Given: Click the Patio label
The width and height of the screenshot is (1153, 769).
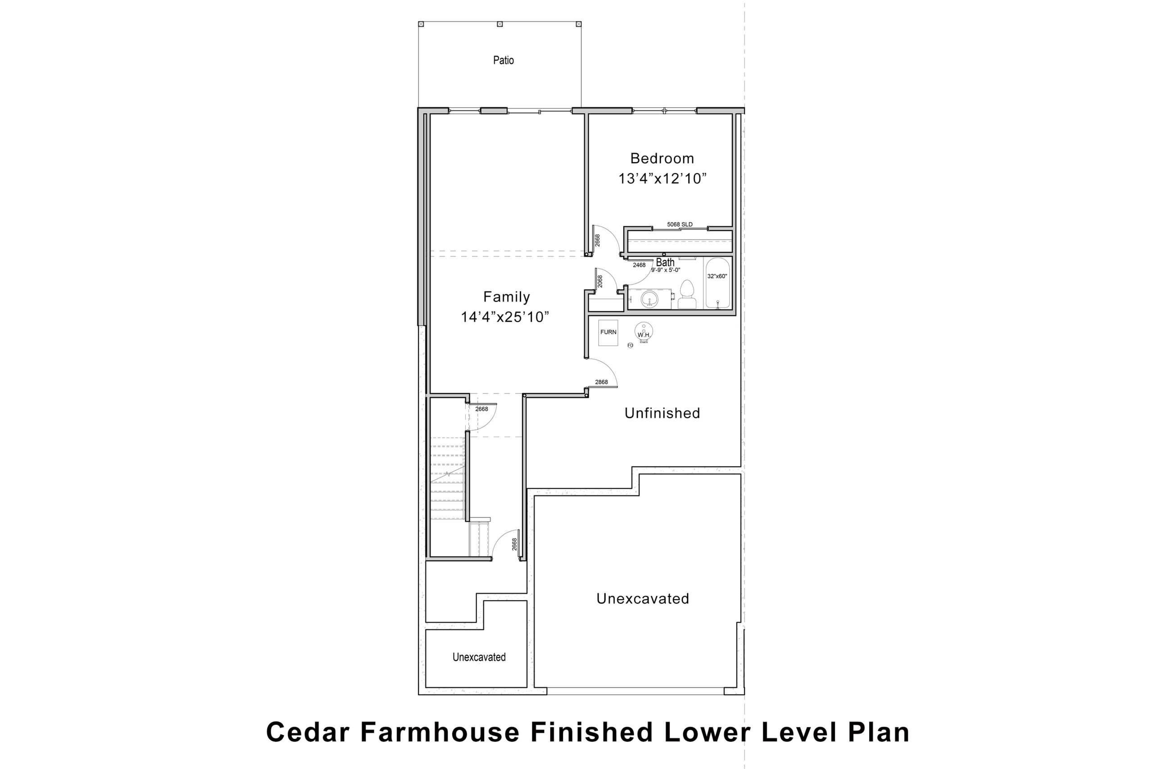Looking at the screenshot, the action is (x=504, y=60).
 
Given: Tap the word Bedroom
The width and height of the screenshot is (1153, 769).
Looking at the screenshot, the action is (x=662, y=159).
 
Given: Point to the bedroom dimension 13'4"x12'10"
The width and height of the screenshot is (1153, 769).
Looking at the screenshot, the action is (x=662, y=178).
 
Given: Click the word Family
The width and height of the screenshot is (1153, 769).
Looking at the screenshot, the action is (x=506, y=297).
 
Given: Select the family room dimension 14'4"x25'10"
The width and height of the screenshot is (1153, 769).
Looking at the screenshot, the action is (x=505, y=317).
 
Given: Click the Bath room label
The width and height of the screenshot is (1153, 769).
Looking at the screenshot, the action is (x=665, y=262).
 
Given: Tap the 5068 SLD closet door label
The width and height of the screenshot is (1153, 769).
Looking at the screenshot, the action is (x=680, y=225).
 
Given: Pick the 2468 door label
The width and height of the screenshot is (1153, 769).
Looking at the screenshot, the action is (x=639, y=265).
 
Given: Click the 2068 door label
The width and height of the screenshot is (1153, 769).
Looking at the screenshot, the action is (x=600, y=281).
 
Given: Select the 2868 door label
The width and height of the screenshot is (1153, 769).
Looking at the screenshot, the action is (x=602, y=382).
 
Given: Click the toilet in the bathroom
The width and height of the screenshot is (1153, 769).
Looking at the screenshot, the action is (x=687, y=294).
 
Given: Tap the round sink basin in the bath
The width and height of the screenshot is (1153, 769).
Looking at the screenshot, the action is (x=649, y=298).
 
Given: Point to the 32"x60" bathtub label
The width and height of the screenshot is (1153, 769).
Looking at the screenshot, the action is (x=717, y=276).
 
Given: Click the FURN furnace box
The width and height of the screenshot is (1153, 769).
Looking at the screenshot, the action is (x=608, y=332).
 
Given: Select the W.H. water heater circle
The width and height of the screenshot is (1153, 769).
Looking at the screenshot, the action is (x=644, y=331).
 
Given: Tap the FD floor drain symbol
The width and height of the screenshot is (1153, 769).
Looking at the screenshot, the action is (x=631, y=345).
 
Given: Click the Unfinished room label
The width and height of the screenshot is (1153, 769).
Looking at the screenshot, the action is (x=662, y=413).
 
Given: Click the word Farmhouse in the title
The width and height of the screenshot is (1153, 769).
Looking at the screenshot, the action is (x=440, y=732).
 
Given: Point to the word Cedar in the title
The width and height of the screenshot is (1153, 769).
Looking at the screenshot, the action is (x=308, y=732).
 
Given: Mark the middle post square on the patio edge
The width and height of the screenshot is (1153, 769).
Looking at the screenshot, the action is (x=500, y=23).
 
